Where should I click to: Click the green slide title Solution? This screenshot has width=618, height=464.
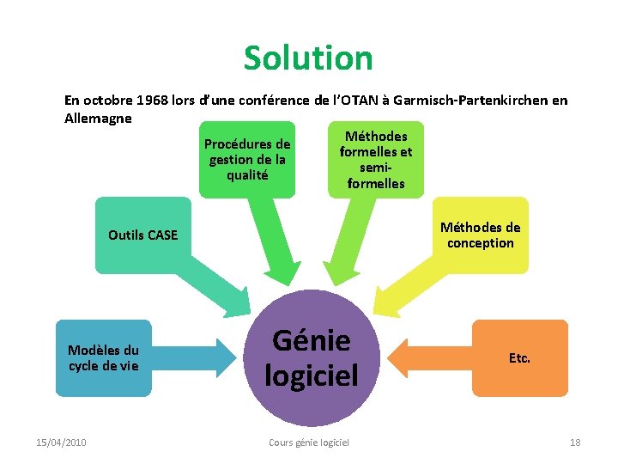pyautogui.click(x=308, y=58)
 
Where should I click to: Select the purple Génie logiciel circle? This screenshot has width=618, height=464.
pyautogui.click(x=311, y=357)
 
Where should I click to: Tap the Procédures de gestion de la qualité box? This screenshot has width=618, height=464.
pyautogui.click(x=246, y=160)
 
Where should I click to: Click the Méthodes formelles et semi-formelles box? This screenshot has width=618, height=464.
pyautogui.click(x=375, y=159)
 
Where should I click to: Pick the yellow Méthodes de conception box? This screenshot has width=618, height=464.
pyautogui.click(x=480, y=235)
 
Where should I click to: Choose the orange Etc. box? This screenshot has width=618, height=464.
pyautogui.click(x=519, y=357)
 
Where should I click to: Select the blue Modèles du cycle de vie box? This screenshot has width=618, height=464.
pyautogui.click(x=103, y=357)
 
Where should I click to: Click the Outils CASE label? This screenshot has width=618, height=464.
pyautogui.click(x=142, y=235)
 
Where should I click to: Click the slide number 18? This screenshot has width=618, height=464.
pyautogui.click(x=574, y=442)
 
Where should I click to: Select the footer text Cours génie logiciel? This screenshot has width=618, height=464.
pyautogui.click(x=309, y=442)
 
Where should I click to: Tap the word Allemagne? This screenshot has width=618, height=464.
pyautogui.click(x=98, y=119)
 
